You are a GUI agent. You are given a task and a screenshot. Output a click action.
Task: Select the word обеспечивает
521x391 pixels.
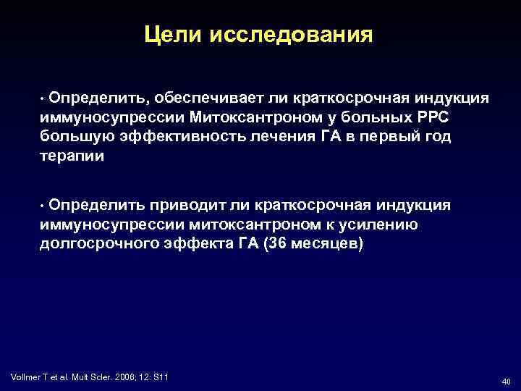click(182, 97)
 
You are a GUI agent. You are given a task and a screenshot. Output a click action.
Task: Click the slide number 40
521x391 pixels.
click(505, 381)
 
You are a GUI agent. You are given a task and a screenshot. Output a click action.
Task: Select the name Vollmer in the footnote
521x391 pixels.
click(27, 377)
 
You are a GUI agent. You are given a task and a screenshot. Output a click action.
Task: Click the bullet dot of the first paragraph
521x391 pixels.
click(43, 98)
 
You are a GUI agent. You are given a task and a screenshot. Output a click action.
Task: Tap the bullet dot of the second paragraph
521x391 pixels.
click(43, 206)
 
